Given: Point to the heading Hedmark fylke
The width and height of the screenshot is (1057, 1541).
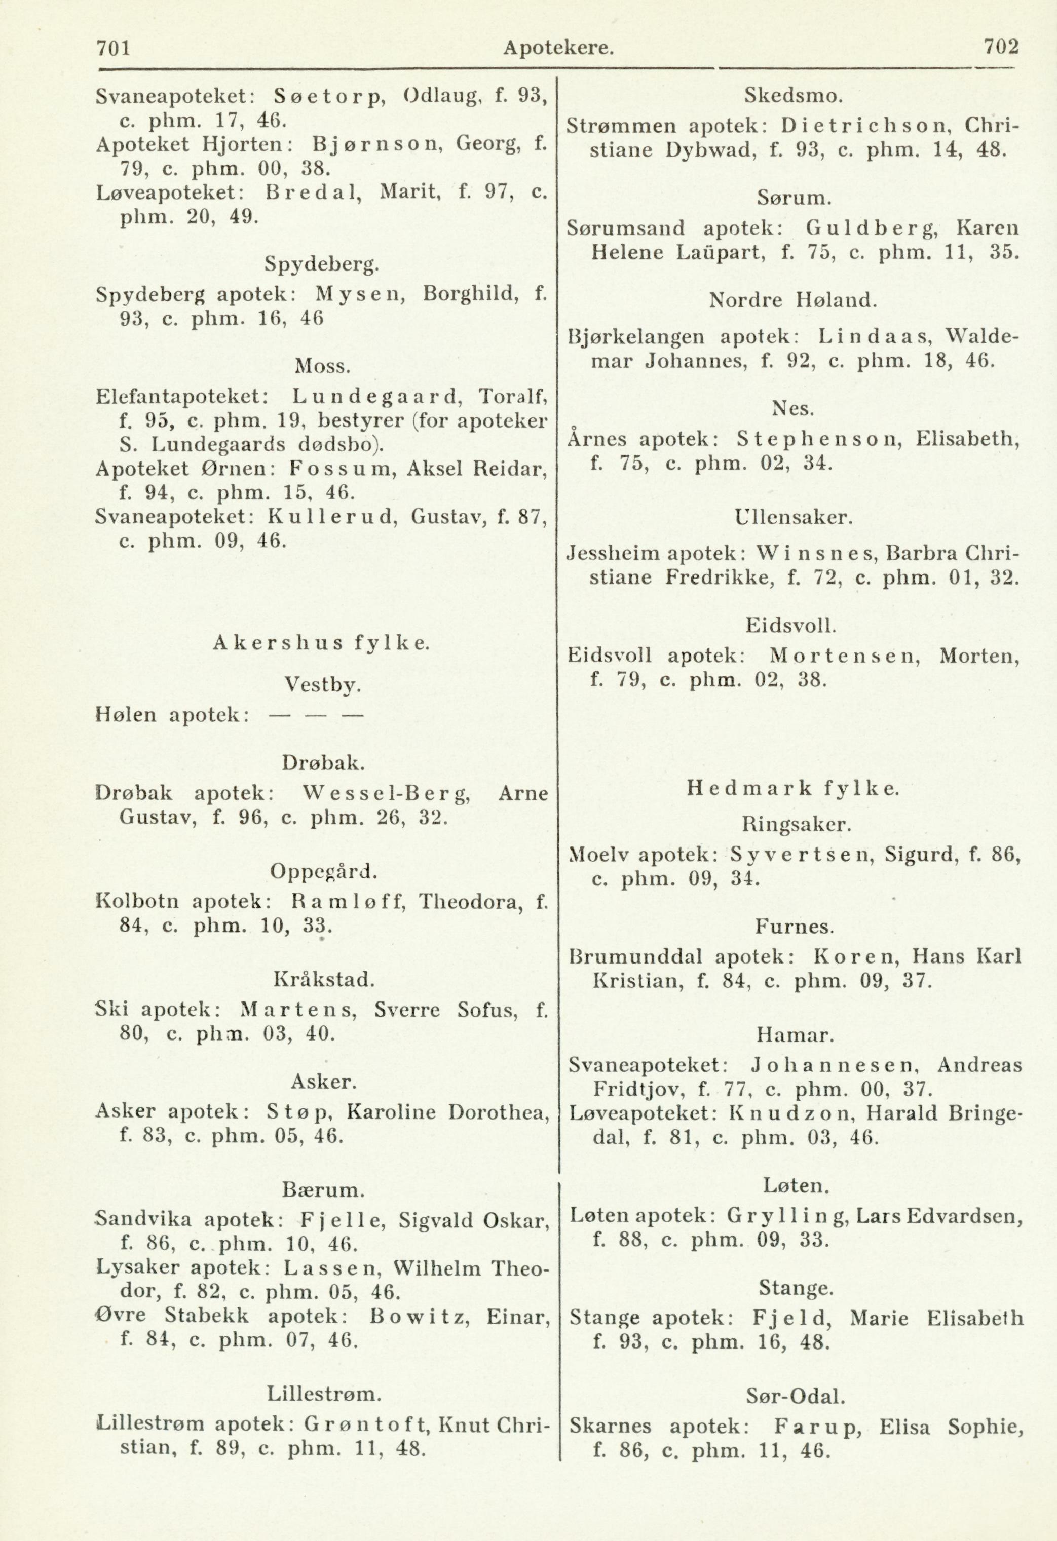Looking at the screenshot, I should (793, 788).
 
